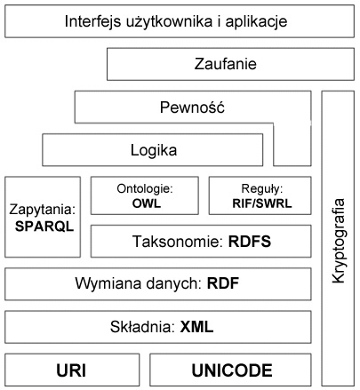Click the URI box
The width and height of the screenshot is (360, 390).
[x=72, y=370]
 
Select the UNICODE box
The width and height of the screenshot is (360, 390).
[x=230, y=370]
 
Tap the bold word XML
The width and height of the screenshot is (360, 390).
[x=196, y=327]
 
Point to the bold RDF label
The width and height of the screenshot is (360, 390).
[x=223, y=283]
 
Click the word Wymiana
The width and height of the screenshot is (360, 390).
[x=104, y=283]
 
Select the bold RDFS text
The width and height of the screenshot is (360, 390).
[x=250, y=242]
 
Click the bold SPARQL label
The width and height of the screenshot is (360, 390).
[x=44, y=227]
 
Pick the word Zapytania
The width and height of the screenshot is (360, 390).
[x=43, y=210]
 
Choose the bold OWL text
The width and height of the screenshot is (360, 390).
[x=146, y=203]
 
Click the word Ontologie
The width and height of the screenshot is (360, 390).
[x=145, y=188]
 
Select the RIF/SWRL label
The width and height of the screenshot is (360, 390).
[x=262, y=203]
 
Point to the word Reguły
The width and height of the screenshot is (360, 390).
[x=262, y=189]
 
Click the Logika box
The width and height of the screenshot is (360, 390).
[x=153, y=150]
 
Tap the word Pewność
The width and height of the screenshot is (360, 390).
[x=192, y=107]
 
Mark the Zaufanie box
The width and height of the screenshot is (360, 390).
[x=230, y=64]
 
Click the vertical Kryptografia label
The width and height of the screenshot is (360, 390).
[x=339, y=241]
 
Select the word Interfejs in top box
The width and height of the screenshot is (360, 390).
[x=92, y=22]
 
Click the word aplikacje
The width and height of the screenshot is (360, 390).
[x=256, y=22]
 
